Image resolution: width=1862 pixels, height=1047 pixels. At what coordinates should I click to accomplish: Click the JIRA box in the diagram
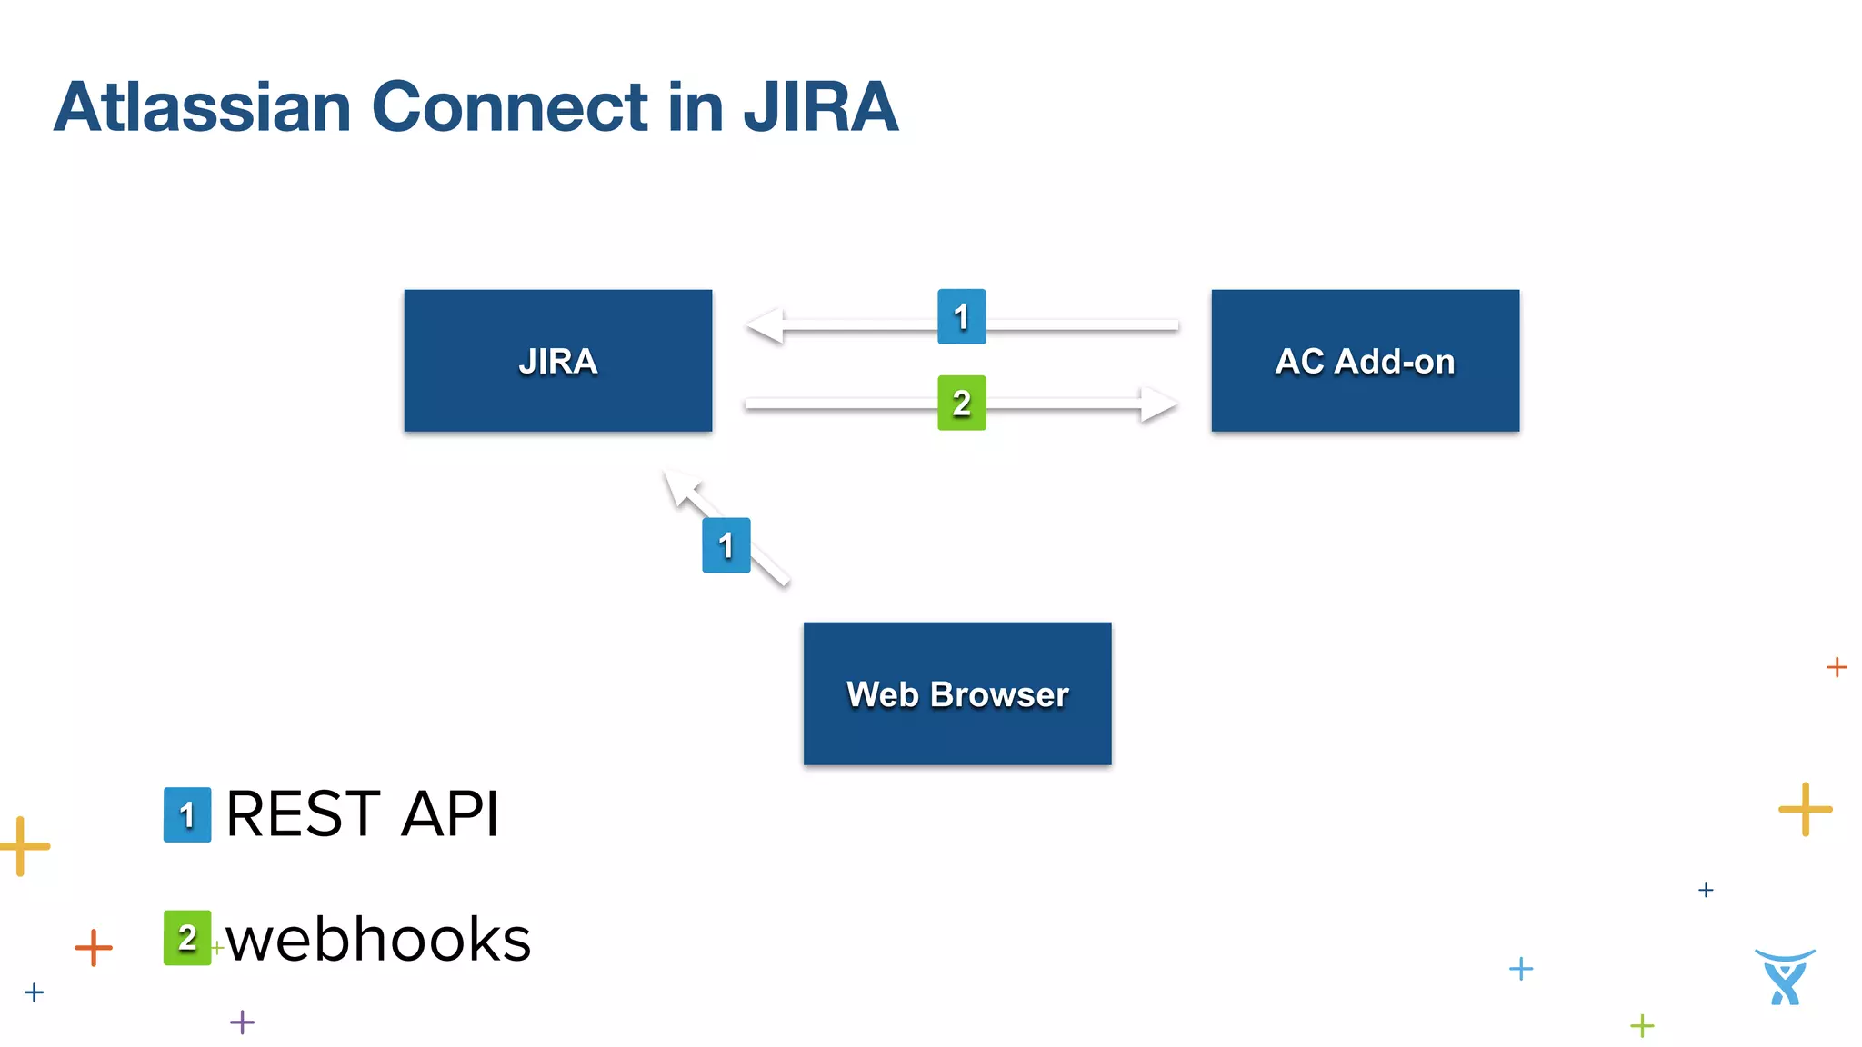(557, 361)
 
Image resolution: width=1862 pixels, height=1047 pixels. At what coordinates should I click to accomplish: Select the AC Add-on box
(1365, 361)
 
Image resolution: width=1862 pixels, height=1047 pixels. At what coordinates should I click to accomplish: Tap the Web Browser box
(956, 693)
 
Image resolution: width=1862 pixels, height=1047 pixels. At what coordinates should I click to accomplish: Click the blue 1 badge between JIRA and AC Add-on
(961, 316)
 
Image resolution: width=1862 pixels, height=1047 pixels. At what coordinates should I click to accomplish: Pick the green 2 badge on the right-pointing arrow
(961, 403)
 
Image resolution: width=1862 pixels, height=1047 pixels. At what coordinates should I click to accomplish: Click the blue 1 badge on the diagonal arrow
(726, 545)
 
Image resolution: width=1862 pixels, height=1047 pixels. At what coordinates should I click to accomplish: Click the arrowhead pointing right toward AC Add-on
(1160, 404)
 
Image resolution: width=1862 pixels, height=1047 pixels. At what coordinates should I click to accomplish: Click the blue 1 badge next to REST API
(187, 814)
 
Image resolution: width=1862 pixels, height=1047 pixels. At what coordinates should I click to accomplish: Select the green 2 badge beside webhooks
(187, 937)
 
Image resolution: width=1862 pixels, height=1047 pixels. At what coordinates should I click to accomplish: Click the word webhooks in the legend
(378, 939)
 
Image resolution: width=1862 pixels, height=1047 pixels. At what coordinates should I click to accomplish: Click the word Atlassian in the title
(202, 107)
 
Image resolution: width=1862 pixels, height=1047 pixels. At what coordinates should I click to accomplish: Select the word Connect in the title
(509, 107)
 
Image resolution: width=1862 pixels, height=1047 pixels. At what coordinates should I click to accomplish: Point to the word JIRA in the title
(821, 107)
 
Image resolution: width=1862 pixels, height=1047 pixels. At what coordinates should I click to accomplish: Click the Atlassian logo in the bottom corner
(1785, 977)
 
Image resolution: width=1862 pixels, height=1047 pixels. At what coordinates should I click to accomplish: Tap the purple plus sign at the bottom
(242, 1022)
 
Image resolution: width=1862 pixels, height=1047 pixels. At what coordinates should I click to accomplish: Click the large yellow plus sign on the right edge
(1805, 808)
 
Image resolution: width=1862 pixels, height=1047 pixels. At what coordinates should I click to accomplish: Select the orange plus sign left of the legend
(94, 947)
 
